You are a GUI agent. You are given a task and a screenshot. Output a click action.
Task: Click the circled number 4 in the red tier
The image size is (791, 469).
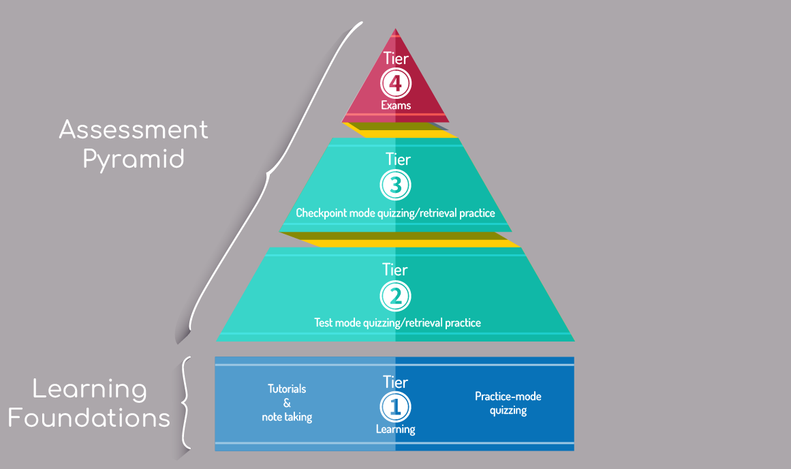(x=396, y=84)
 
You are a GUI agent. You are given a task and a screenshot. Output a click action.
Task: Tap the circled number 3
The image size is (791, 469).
(x=396, y=185)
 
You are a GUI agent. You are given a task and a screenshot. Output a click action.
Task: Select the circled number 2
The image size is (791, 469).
(x=396, y=296)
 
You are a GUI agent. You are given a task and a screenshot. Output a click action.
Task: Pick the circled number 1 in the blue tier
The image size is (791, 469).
(x=396, y=407)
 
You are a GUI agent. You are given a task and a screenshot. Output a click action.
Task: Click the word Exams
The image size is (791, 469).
(x=396, y=106)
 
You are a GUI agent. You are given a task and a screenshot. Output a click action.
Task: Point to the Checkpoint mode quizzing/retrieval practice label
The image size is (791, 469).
(x=395, y=213)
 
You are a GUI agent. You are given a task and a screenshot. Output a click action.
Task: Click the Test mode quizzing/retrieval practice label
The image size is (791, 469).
(x=397, y=322)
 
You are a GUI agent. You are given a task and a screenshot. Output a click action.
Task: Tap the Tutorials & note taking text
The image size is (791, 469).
(x=287, y=403)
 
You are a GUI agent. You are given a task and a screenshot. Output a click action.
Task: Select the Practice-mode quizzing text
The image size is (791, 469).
(x=508, y=403)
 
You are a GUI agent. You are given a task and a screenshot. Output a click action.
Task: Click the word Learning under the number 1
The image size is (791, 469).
(x=396, y=429)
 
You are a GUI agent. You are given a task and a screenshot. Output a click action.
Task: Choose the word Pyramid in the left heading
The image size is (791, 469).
(x=134, y=160)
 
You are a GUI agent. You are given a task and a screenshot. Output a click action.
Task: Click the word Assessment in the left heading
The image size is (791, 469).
(x=134, y=130)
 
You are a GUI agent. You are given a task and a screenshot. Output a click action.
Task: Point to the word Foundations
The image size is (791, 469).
(x=89, y=417)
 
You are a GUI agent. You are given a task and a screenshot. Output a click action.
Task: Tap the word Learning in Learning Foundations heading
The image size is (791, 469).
(x=90, y=390)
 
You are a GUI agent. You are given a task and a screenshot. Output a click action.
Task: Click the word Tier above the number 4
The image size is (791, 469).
(x=396, y=58)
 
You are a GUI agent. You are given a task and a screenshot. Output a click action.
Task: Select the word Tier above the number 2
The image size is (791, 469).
(x=396, y=270)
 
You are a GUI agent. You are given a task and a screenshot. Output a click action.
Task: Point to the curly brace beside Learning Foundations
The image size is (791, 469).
(x=185, y=402)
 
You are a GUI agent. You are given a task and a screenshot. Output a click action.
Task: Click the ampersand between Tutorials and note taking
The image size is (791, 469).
(x=287, y=403)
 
